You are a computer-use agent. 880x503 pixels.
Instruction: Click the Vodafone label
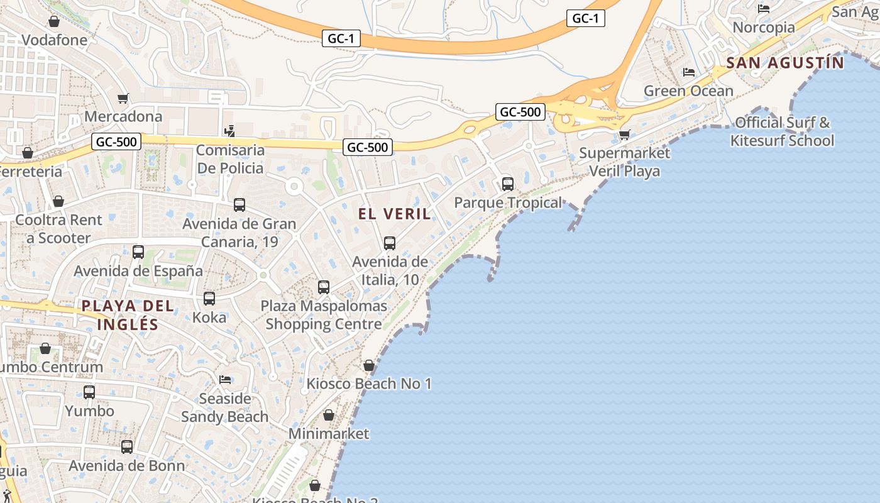(x=55, y=40)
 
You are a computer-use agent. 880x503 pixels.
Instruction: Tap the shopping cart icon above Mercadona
(x=123, y=99)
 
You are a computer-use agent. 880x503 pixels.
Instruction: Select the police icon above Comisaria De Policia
(x=230, y=131)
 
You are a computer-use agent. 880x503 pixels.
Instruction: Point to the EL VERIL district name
(x=395, y=214)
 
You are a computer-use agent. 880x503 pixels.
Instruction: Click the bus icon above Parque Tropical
(x=508, y=184)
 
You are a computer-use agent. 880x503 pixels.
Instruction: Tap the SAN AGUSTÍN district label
(x=785, y=63)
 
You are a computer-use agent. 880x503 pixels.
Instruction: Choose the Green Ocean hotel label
(x=688, y=91)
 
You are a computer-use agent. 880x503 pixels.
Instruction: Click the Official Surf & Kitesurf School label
(x=783, y=131)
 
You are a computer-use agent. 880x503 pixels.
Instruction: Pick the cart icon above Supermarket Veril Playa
(x=624, y=135)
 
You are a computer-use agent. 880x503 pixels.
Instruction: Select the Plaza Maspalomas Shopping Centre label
(x=324, y=315)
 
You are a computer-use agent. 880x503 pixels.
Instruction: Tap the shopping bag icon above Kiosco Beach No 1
(x=369, y=365)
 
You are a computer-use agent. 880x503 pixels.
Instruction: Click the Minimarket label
(x=329, y=434)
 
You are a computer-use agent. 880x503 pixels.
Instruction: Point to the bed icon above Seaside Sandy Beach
(x=225, y=379)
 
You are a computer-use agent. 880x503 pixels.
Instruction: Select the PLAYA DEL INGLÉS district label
(x=128, y=315)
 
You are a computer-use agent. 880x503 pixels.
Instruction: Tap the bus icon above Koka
(x=209, y=299)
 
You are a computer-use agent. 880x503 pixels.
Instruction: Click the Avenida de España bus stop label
(x=138, y=271)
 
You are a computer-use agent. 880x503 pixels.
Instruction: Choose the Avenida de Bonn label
(x=127, y=466)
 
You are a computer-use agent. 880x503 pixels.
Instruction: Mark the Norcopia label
(x=764, y=28)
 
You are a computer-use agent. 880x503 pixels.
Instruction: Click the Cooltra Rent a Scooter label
(x=58, y=229)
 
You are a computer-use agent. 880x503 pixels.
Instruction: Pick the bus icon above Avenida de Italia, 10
(x=390, y=243)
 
